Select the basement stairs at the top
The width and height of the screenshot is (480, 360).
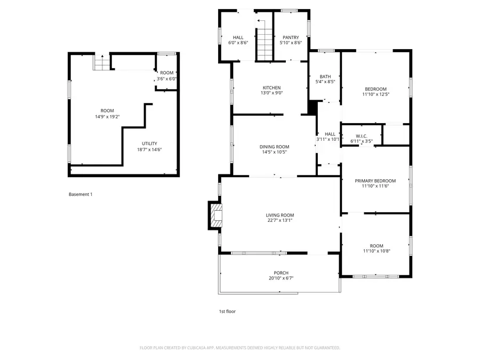101,62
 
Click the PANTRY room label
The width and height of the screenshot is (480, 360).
291,37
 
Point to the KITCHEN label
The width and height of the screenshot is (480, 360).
271,88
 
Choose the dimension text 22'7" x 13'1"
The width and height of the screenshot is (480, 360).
279,220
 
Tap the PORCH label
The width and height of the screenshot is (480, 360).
281,273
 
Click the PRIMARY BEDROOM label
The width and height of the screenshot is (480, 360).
375,181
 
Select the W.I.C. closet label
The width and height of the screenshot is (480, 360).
361,136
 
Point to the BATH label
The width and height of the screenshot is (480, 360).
325,77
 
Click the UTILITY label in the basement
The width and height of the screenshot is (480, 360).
149,143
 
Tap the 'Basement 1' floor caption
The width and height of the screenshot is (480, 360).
81,195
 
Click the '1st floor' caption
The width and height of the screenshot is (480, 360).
227,311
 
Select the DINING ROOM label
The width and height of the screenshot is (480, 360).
274,147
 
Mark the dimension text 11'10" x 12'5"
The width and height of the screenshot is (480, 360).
375,94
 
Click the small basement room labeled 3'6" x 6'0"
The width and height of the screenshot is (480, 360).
166,76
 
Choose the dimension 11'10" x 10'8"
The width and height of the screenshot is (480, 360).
377,251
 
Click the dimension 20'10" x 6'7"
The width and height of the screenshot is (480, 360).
281,278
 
